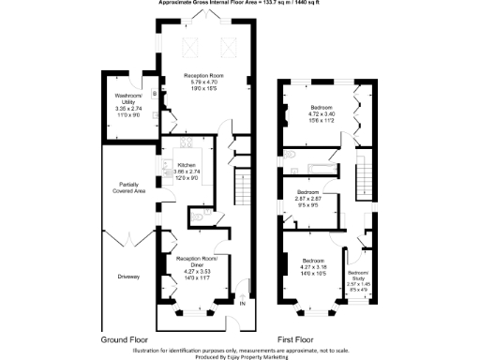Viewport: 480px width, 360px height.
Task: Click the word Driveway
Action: (128, 277)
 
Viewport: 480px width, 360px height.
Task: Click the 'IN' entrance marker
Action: (242, 303)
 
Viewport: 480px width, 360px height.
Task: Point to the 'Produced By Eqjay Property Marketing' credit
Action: (240, 355)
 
